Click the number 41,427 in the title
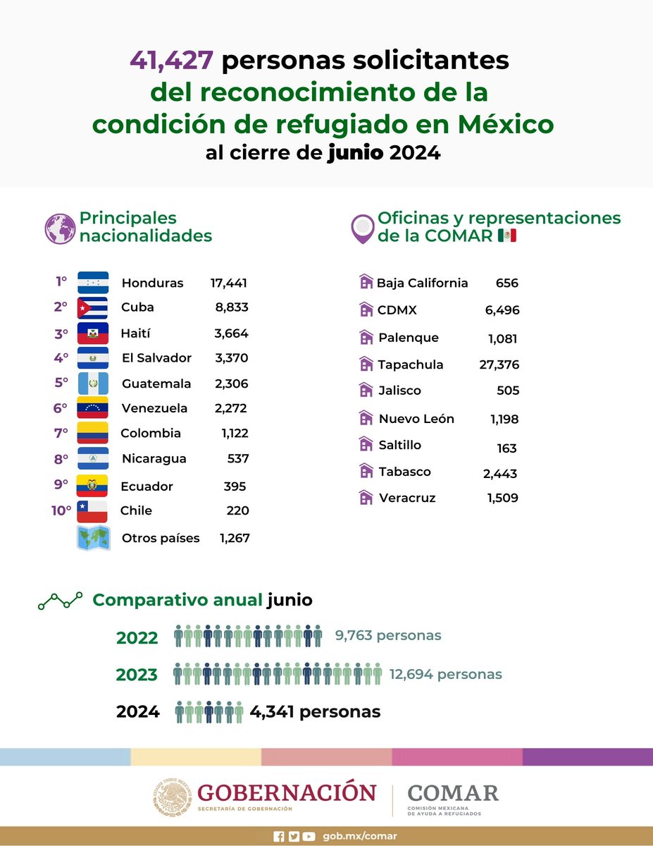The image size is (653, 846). pos(171,61)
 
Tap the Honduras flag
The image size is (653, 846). pos(92,283)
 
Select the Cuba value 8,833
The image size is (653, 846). pos(231,307)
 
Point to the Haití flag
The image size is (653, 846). pos(92,333)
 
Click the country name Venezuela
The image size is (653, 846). pos(154,408)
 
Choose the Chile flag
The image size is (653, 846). pos(92,511)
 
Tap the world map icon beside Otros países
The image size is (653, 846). pos(92,538)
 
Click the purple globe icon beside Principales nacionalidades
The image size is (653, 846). pos(60,228)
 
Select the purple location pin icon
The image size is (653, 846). pos(363,228)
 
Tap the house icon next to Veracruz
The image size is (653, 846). pos(366,498)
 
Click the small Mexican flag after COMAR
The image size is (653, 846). pos(506,235)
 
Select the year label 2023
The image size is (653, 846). pos(137,675)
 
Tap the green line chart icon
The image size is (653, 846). pos(60,601)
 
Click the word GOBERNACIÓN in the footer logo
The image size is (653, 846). pos(287,792)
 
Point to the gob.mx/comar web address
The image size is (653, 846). pos(360,836)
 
